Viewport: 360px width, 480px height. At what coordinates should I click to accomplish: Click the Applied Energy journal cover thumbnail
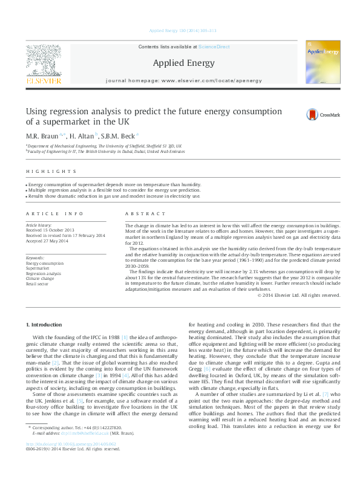[322, 63]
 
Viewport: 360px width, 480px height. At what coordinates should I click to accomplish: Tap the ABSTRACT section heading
[145, 214]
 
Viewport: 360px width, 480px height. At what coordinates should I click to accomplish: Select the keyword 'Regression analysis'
[43, 273]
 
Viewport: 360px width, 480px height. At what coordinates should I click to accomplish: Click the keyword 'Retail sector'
[38, 283]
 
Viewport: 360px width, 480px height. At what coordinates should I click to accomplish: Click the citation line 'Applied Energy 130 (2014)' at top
[180, 30]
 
